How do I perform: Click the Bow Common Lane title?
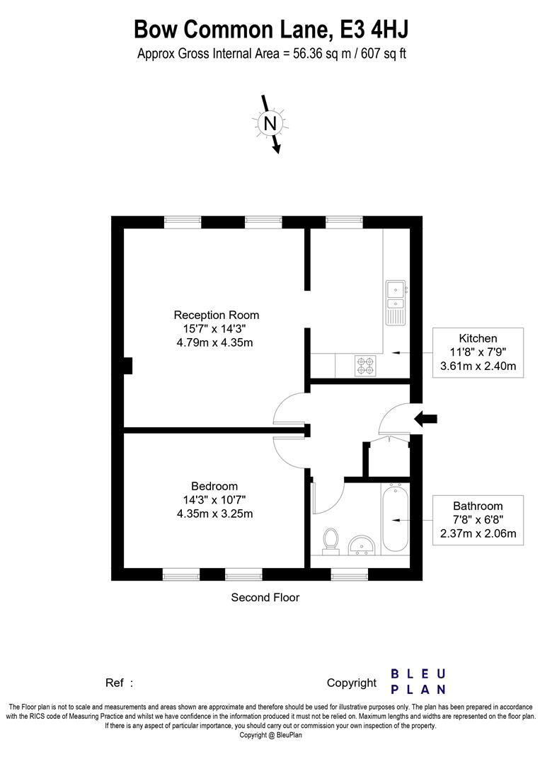[270, 30]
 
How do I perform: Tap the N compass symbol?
[270, 123]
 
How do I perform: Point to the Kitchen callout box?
[478, 352]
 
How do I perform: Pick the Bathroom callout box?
[478, 520]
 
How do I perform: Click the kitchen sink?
[396, 302]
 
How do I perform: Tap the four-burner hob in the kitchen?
[365, 366]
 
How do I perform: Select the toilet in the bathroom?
[331, 541]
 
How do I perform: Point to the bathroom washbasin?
[362, 545]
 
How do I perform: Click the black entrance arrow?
[425, 418]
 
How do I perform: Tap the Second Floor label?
[265, 597]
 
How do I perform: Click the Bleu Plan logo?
[418, 682]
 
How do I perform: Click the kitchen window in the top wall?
[343, 222]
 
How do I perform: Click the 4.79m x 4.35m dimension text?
[215, 342]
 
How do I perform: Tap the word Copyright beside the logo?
[352, 683]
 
